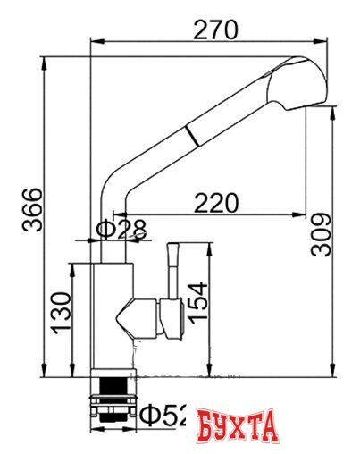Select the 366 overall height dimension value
pyautogui.click(x=32, y=209)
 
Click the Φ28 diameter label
pyautogui.click(x=120, y=230)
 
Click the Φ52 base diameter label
pyautogui.click(x=165, y=415)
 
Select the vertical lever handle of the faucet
pyautogui.click(x=174, y=268)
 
